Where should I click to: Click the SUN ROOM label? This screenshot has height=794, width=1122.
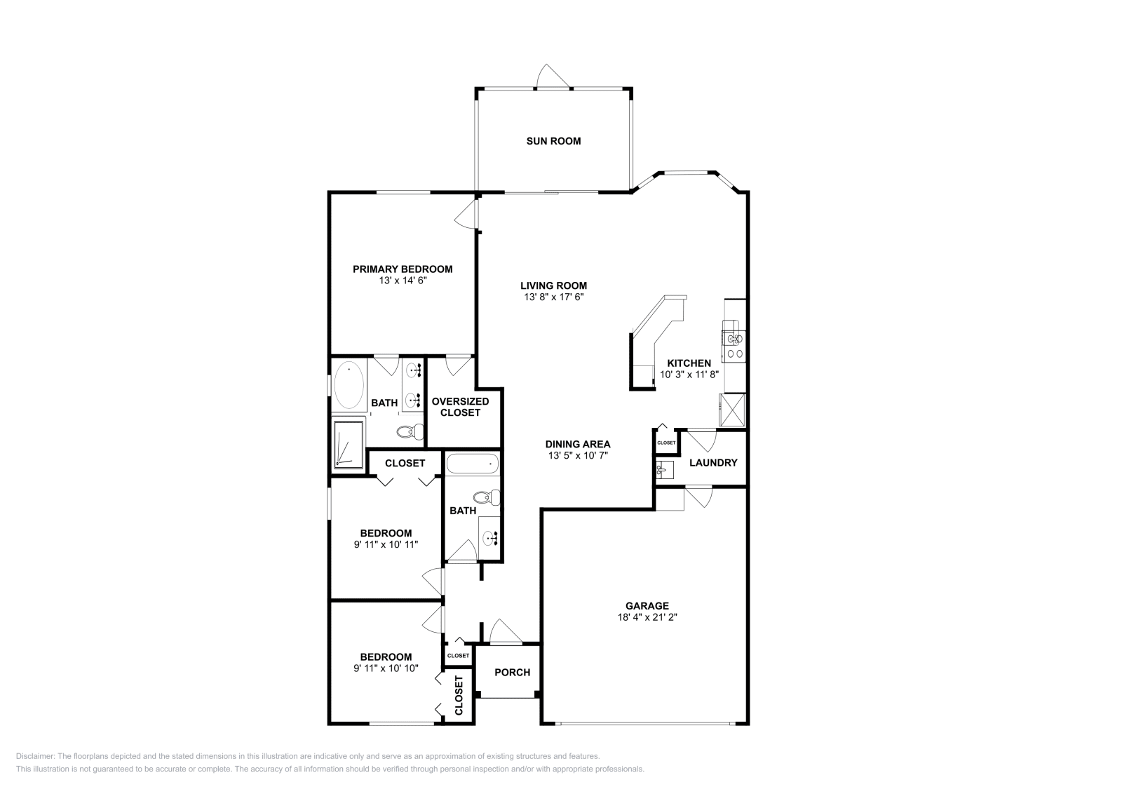(x=553, y=141)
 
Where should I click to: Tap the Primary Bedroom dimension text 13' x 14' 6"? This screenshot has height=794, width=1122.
(x=402, y=281)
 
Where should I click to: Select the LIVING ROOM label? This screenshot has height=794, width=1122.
(x=553, y=285)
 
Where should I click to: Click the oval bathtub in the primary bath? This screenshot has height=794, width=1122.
(x=349, y=386)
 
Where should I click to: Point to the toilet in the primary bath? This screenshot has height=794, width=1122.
(x=409, y=431)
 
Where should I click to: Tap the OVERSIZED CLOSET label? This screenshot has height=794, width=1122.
(x=460, y=407)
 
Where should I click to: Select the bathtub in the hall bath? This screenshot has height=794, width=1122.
(x=473, y=464)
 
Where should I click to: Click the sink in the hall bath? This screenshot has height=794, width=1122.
(x=489, y=537)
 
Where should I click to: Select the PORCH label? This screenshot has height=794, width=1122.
(x=512, y=672)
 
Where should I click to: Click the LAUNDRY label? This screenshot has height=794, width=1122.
(x=713, y=463)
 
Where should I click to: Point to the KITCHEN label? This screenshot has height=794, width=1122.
(x=689, y=363)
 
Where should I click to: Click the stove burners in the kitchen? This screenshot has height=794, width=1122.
(x=735, y=354)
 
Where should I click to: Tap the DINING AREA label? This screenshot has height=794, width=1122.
(x=578, y=444)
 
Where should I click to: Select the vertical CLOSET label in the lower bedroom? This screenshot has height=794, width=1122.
(x=459, y=695)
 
